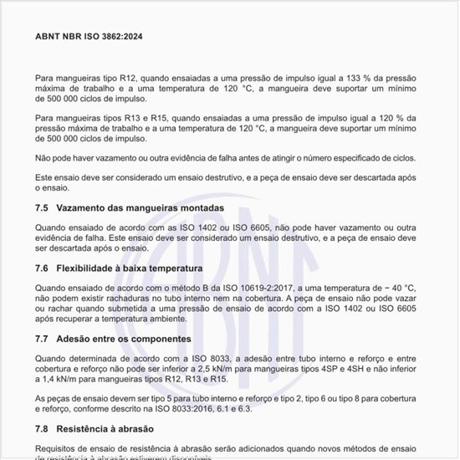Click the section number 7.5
click(42, 207)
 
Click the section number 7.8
click(42, 428)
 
